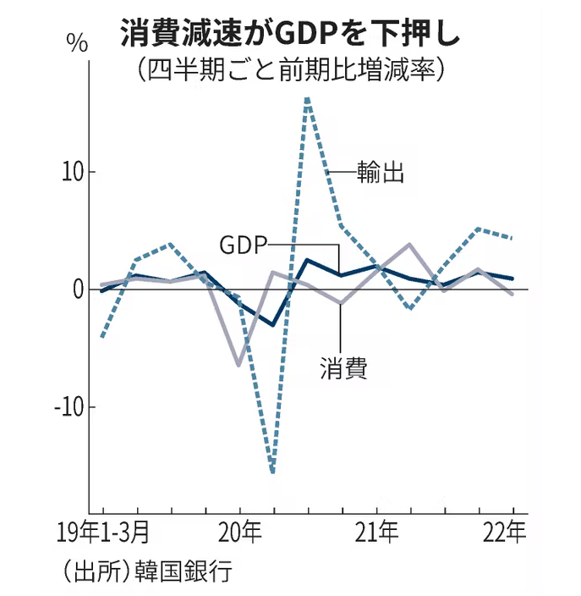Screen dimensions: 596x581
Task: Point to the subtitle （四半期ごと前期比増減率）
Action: [289, 70]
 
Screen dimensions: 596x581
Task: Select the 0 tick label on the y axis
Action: [77, 290]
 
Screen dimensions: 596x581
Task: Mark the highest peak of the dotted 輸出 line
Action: [307, 97]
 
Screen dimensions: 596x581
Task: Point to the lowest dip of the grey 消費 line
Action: [238, 366]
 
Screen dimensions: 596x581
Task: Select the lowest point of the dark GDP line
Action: [272, 324]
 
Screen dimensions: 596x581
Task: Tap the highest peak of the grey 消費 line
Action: [409, 244]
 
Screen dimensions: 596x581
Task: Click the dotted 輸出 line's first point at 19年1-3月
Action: [102, 337]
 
